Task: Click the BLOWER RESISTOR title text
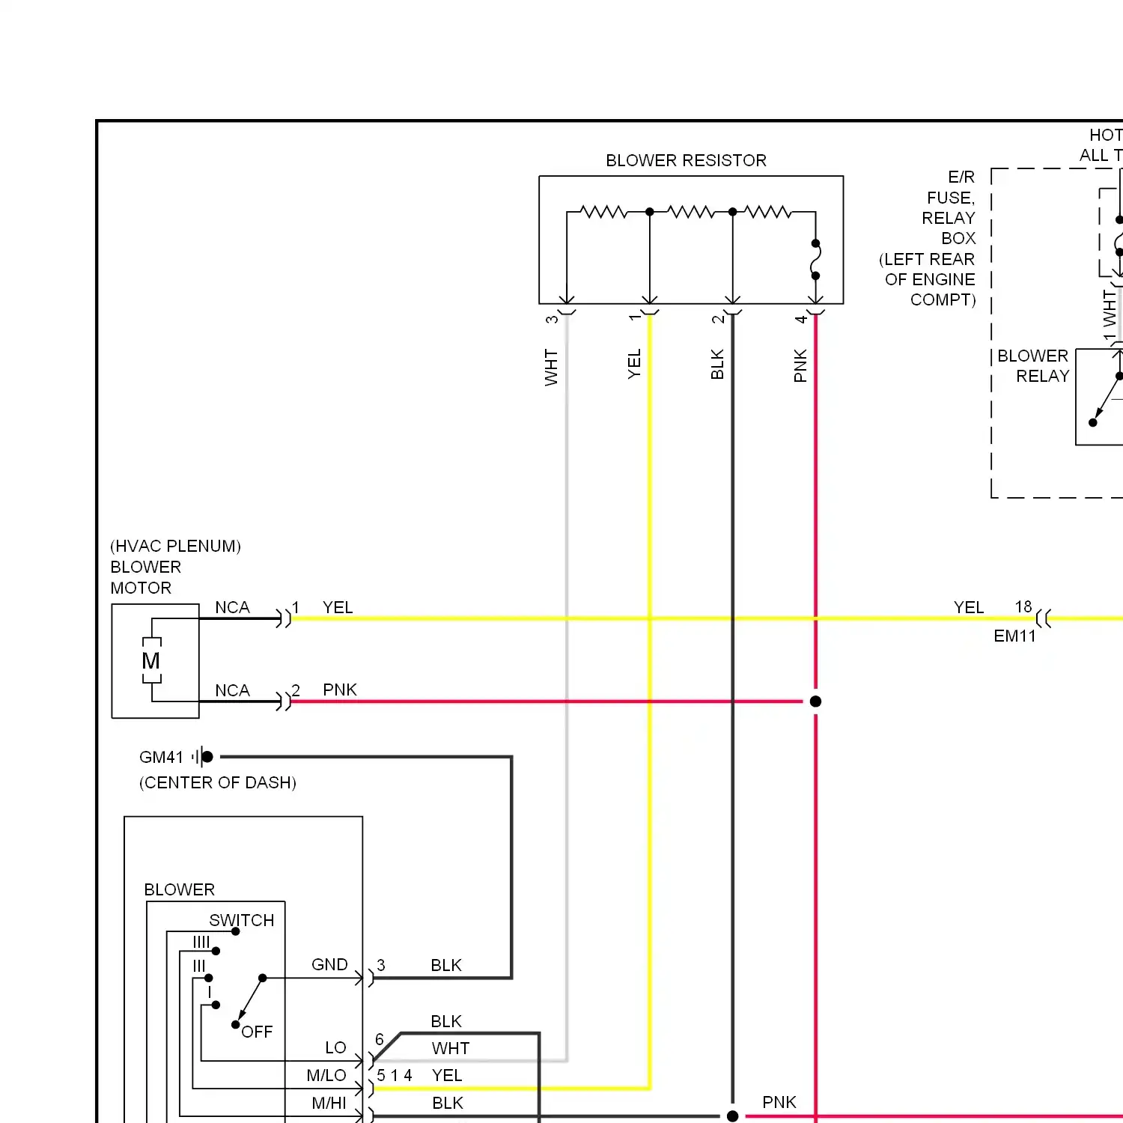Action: [686, 160]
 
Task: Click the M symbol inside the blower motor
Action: [151, 661]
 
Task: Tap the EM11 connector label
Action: [1014, 636]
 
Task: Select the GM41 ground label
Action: [161, 757]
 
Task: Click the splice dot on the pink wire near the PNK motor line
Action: [815, 702]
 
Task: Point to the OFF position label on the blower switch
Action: [257, 1032]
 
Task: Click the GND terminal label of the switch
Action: [329, 964]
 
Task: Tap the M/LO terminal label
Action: [326, 1075]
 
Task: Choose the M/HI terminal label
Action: [329, 1103]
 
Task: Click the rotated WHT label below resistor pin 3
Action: [552, 367]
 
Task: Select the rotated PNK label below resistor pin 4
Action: [800, 365]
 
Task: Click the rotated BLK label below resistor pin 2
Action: [717, 365]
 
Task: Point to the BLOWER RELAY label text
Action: [1033, 365]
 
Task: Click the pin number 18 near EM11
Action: [1023, 606]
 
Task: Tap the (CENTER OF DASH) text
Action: [218, 782]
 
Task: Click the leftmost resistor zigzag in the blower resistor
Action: [603, 212]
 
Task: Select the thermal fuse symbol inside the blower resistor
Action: [815, 260]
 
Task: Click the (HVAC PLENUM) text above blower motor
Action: [175, 546]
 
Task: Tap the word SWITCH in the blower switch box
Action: [241, 920]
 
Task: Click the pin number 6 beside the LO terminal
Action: [380, 1039]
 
